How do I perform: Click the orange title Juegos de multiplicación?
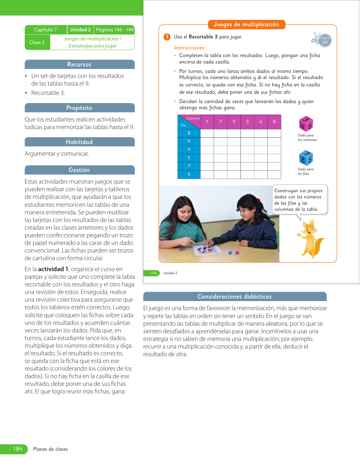[246, 25]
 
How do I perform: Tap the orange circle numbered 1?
[167, 37]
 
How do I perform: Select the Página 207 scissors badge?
[322, 40]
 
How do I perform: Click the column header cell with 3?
[247, 122]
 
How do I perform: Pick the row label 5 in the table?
[189, 158]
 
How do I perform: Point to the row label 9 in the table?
[189, 150]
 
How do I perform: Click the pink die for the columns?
[306, 124]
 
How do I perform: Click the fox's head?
[309, 227]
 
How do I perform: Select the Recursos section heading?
[79, 64]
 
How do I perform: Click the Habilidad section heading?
[79, 142]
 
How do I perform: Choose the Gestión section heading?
[79, 170]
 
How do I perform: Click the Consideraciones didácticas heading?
[235, 297]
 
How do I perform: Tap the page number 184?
[17, 449]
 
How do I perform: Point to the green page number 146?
[154, 273]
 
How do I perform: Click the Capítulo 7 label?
[45, 30]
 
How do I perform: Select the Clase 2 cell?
[37, 42]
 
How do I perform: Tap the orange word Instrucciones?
[190, 48]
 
